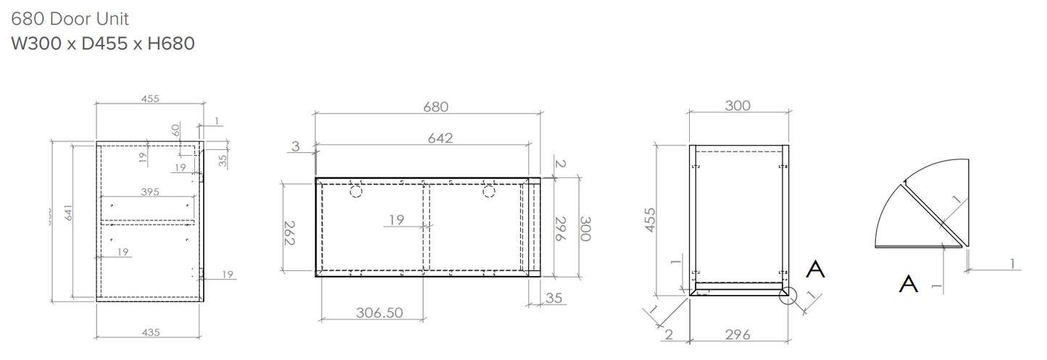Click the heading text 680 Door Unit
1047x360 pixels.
(70, 18)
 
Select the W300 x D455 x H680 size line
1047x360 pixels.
(103, 43)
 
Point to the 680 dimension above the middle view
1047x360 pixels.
(435, 106)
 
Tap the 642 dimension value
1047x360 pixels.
(440, 138)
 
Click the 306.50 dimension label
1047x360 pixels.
(379, 313)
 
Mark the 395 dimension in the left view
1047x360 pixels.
(151, 192)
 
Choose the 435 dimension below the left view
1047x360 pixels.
(150, 332)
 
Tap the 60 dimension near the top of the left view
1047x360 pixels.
(175, 132)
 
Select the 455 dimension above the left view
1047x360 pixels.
(150, 99)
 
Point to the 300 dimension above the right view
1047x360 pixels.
(738, 106)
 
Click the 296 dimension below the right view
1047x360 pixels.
(738, 335)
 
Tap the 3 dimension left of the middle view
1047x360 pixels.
(295, 146)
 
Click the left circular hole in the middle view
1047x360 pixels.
(356, 191)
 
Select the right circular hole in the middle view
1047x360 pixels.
(489, 191)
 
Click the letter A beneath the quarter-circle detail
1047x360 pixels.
(909, 284)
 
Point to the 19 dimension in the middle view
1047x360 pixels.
(396, 220)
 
